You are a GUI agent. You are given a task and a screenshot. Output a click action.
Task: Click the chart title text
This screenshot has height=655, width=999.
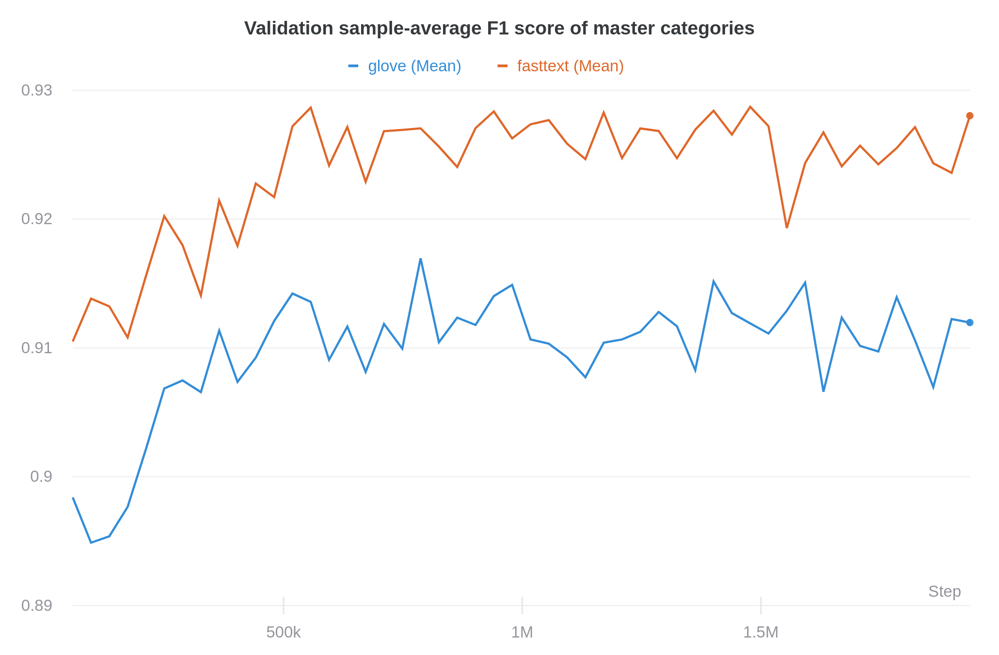pos(499,29)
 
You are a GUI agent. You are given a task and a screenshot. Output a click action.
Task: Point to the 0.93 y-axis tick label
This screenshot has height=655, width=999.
pos(37,90)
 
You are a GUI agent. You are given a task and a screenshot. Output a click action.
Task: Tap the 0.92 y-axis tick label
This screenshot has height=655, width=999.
pos(37,219)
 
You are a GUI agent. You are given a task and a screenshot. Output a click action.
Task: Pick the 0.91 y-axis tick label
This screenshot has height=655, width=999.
pos(37,348)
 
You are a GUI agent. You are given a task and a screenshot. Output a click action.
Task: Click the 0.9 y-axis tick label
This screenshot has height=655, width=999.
pos(41,476)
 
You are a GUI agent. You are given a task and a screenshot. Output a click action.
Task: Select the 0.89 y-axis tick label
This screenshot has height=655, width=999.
pos(37,606)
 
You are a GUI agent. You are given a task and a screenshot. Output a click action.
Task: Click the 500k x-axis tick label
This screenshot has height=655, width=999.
pos(284,632)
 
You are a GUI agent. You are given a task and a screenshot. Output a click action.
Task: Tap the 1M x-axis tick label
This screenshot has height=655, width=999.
pos(522,632)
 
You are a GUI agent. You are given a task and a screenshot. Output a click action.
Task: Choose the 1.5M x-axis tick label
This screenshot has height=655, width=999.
pos(761,632)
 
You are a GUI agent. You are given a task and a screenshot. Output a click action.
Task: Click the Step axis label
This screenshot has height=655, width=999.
pos(944,591)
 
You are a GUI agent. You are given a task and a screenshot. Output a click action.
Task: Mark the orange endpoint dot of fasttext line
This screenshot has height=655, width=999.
pos(969,115)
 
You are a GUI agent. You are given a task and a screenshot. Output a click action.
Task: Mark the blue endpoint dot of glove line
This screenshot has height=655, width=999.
pos(969,323)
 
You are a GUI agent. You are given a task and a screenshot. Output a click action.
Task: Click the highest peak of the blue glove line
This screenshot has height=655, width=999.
pos(421,259)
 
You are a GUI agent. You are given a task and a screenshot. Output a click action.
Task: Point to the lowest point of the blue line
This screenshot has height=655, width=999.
pos(91,542)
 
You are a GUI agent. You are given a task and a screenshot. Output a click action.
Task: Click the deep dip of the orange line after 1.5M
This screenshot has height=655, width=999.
pos(787,228)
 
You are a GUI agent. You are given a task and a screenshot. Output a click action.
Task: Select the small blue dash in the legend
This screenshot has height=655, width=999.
pos(353,66)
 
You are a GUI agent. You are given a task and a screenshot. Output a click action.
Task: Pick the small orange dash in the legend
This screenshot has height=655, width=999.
pos(503,66)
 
